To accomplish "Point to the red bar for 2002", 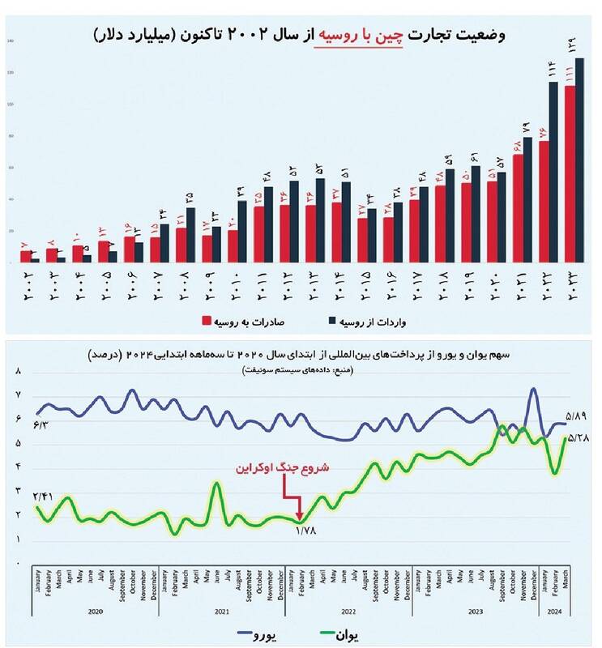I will (26, 257).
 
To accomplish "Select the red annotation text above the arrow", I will (281, 469).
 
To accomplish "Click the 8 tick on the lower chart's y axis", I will (18, 371).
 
